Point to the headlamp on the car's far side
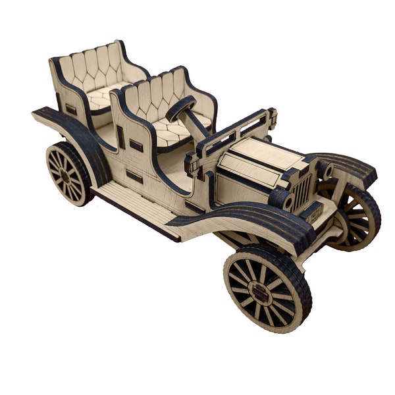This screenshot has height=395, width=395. point(325,170)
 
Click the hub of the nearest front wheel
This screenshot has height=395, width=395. point(261,295)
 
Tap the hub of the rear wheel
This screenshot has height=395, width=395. point(66,175)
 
